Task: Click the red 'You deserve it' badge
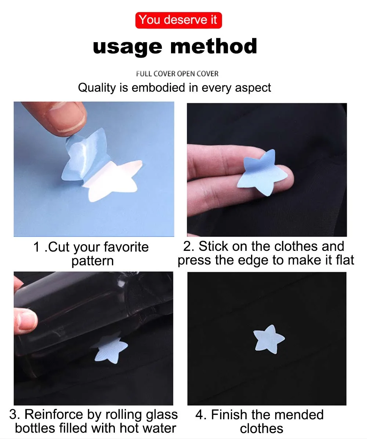(178, 20)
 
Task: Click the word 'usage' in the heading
(127, 47)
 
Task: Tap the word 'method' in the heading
(214, 46)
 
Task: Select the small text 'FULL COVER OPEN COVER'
(177, 74)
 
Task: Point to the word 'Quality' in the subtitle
(97, 88)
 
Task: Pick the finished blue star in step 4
(268, 339)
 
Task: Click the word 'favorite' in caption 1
(126, 247)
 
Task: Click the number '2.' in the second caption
(189, 246)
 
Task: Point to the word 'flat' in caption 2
(345, 260)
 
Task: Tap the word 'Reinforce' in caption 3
(54, 415)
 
